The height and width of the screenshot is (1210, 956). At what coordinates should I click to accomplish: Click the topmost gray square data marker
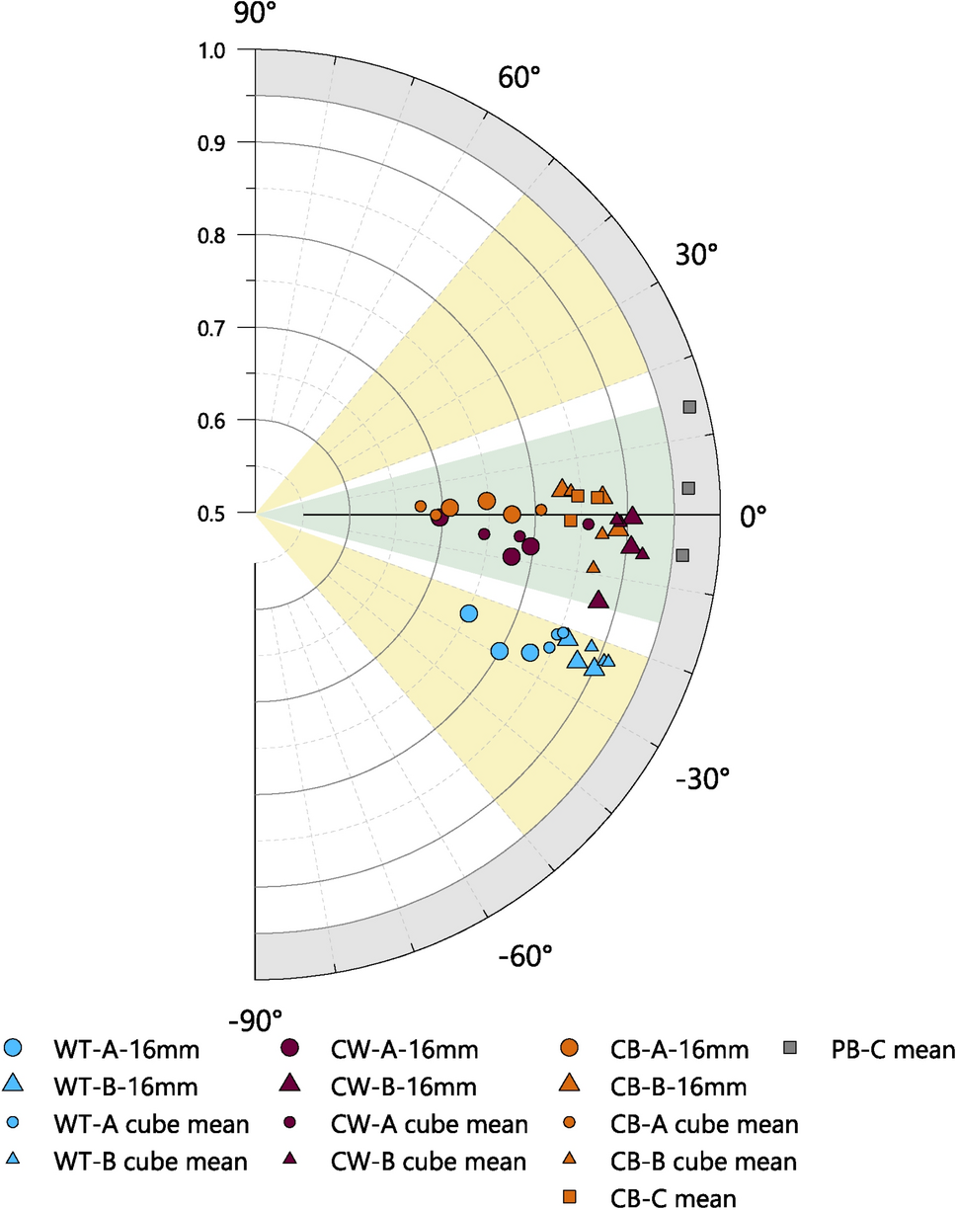689,407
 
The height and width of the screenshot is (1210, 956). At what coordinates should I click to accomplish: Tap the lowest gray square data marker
682,555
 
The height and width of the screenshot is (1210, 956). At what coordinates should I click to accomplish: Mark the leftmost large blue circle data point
469,613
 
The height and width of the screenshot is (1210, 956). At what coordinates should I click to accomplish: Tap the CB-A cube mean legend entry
701,1124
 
